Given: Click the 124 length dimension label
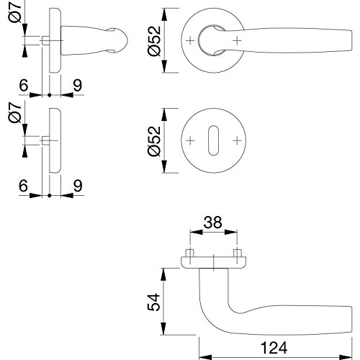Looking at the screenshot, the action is coord(274,348).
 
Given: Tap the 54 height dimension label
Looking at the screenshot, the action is coord(153,302).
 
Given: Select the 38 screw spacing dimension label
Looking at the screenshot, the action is coord(212,222).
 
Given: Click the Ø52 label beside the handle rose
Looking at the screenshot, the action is coord(154,41).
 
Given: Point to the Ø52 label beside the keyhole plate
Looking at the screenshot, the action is coord(154,141).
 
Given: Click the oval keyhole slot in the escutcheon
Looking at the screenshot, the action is coord(213,140).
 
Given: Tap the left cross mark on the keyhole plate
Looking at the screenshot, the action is coord(190,140).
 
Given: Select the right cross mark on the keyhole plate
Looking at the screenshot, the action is coord(237,140).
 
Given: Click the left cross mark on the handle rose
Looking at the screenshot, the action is coord(190,40).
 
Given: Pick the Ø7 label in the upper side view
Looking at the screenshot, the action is coord(16,12).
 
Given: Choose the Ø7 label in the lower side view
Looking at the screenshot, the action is coord(15,112).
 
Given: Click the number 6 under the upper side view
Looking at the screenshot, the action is coord(24,85).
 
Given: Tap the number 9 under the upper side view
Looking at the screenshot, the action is coord(78,85).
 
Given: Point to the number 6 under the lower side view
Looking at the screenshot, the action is coord(23,186).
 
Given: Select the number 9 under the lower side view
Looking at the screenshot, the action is coord(78,186).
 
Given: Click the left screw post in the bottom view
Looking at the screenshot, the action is coord(190,253).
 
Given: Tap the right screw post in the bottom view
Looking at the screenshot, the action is coord(237,253).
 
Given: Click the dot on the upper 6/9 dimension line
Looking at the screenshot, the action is coord(50,95).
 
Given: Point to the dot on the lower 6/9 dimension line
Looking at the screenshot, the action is coord(50,195).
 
